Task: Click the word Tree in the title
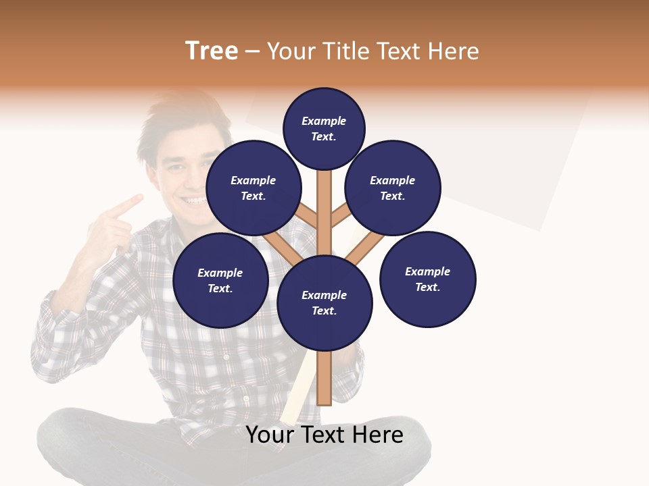[x=212, y=51]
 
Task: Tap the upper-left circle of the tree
[x=254, y=188]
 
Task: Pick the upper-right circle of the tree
[x=393, y=188]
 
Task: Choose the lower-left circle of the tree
[x=220, y=280]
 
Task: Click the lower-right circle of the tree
[x=428, y=279]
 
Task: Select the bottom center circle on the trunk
[x=324, y=302]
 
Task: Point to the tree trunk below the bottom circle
[x=324, y=378]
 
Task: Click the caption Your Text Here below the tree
[x=324, y=435]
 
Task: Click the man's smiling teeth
[x=194, y=200]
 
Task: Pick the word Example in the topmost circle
[x=324, y=122]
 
